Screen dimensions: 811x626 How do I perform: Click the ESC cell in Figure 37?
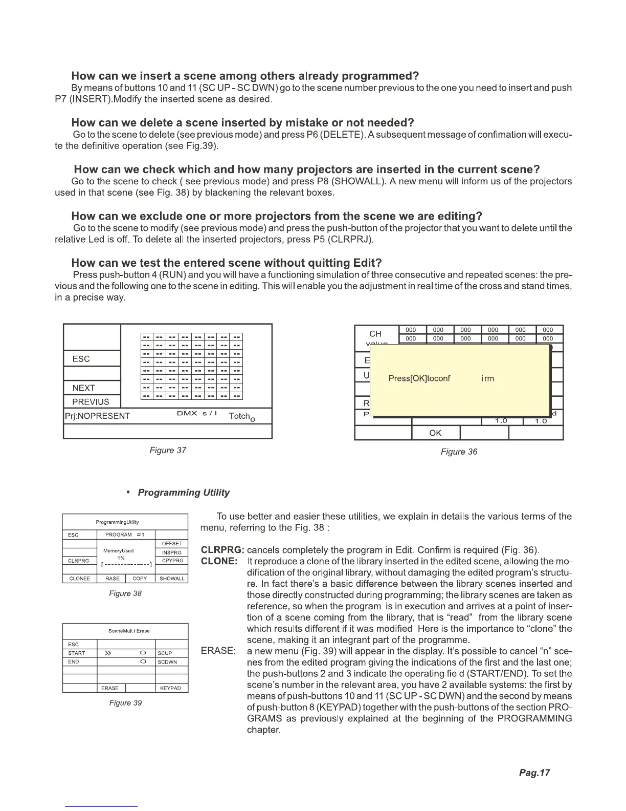[x=81, y=359]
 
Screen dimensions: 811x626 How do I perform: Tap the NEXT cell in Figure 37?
[x=83, y=388]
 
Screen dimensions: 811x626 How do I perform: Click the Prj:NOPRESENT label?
[x=98, y=416]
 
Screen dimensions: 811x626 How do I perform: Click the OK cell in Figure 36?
[x=435, y=433]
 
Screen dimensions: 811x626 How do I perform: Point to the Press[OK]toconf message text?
[x=419, y=378]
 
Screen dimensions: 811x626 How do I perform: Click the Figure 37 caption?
[x=167, y=450]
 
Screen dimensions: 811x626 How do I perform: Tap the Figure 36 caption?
[x=459, y=452]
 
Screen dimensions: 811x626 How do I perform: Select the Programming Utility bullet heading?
[x=184, y=493]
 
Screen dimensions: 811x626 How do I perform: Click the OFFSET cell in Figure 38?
[x=172, y=544]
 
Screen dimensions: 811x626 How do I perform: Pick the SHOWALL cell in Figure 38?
[x=172, y=579]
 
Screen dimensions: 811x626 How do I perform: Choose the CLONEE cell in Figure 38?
[x=79, y=579]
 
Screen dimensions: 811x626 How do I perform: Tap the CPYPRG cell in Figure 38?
[x=172, y=561]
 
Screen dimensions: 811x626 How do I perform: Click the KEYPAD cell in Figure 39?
[x=171, y=688]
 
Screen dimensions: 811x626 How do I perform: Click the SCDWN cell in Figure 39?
[x=167, y=662]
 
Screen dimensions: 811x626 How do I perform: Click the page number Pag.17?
[x=534, y=773]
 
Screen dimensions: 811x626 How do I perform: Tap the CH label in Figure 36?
[x=375, y=334]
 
